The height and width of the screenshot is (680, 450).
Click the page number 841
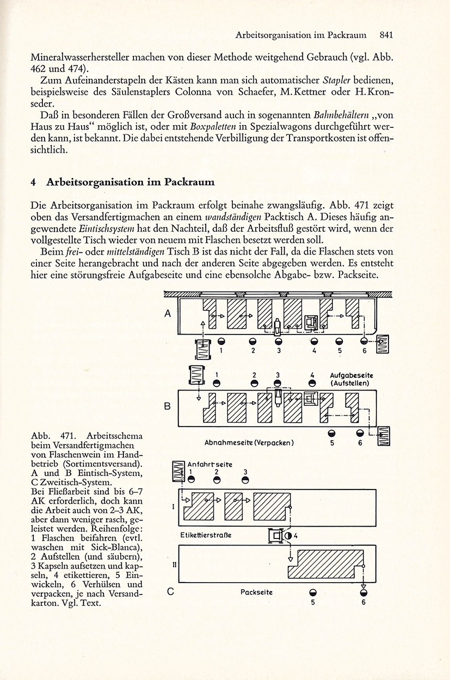tap(386, 35)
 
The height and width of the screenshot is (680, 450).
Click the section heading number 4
tap(33, 182)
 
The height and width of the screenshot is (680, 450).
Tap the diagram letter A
tap(168, 313)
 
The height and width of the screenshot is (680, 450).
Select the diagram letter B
tap(167, 406)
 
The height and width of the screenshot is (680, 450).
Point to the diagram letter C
tap(171, 592)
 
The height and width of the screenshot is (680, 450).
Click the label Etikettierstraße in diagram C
tap(206, 535)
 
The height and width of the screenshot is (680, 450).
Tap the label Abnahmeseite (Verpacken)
tap(249, 443)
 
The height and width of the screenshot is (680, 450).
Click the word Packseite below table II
tap(256, 592)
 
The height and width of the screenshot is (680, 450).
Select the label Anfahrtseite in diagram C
tap(210, 464)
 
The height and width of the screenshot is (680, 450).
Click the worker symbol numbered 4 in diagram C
tap(288, 536)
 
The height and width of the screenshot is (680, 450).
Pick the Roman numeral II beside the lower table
tap(175, 565)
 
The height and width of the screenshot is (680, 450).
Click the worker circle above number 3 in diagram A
tap(279, 341)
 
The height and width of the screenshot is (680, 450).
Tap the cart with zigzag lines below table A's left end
tap(203, 349)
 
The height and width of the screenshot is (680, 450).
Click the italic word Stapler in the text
tap(336, 81)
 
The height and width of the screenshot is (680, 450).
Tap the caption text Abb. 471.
tap(53, 436)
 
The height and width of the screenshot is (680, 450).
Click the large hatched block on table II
tap(326, 564)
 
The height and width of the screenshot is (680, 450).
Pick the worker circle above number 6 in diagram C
tap(363, 592)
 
